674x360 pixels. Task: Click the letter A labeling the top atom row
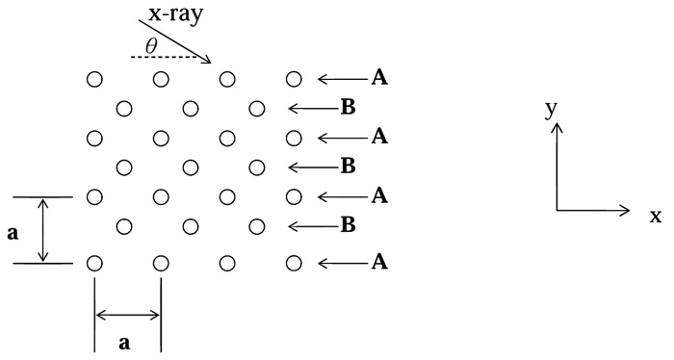pos(381,78)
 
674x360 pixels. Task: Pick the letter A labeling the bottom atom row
pos(381,262)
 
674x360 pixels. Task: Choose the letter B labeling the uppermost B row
pos(348,108)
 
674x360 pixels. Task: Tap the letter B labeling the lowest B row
pos(348,227)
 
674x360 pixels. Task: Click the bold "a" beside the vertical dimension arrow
pos(13,231)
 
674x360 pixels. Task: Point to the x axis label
pos(655,217)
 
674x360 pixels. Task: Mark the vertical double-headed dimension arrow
pos(42,230)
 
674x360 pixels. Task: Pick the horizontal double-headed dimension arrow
pos(127,314)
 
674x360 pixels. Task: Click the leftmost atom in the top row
pos(94,78)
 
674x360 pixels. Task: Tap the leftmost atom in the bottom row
pos(94,262)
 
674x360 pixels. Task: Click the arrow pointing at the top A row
pos(341,78)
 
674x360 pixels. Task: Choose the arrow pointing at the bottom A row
pos(341,262)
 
